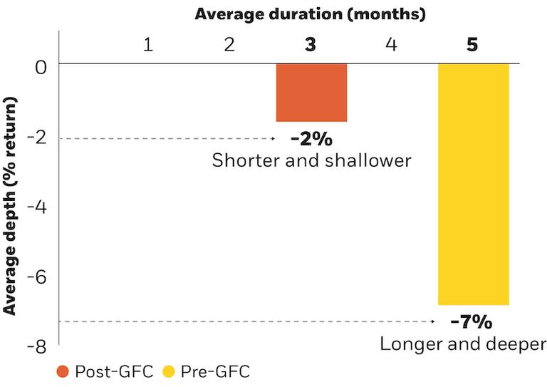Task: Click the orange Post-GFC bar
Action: [x=311, y=93]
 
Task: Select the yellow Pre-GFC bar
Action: [x=473, y=184]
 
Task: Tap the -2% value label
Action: [x=311, y=138]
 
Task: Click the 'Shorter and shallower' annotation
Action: [x=311, y=160]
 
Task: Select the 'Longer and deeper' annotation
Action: [x=463, y=344]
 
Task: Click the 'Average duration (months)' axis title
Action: [x=311, y=14]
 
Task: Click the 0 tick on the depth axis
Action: [x=41, y=68]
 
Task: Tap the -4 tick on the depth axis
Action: [x=36, y=208]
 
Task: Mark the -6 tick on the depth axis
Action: [x=36, y=278]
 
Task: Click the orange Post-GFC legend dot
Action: [x=63, y=371]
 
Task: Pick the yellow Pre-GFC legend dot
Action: [x=169, y=371]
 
